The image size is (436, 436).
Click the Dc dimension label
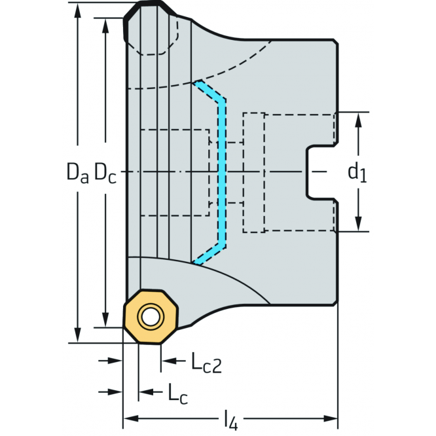(105, 173)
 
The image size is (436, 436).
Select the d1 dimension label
(357, 173)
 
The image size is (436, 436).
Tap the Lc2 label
(206, 362)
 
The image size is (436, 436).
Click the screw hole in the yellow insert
(152, 318)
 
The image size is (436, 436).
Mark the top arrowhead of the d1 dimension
(359, 118)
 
